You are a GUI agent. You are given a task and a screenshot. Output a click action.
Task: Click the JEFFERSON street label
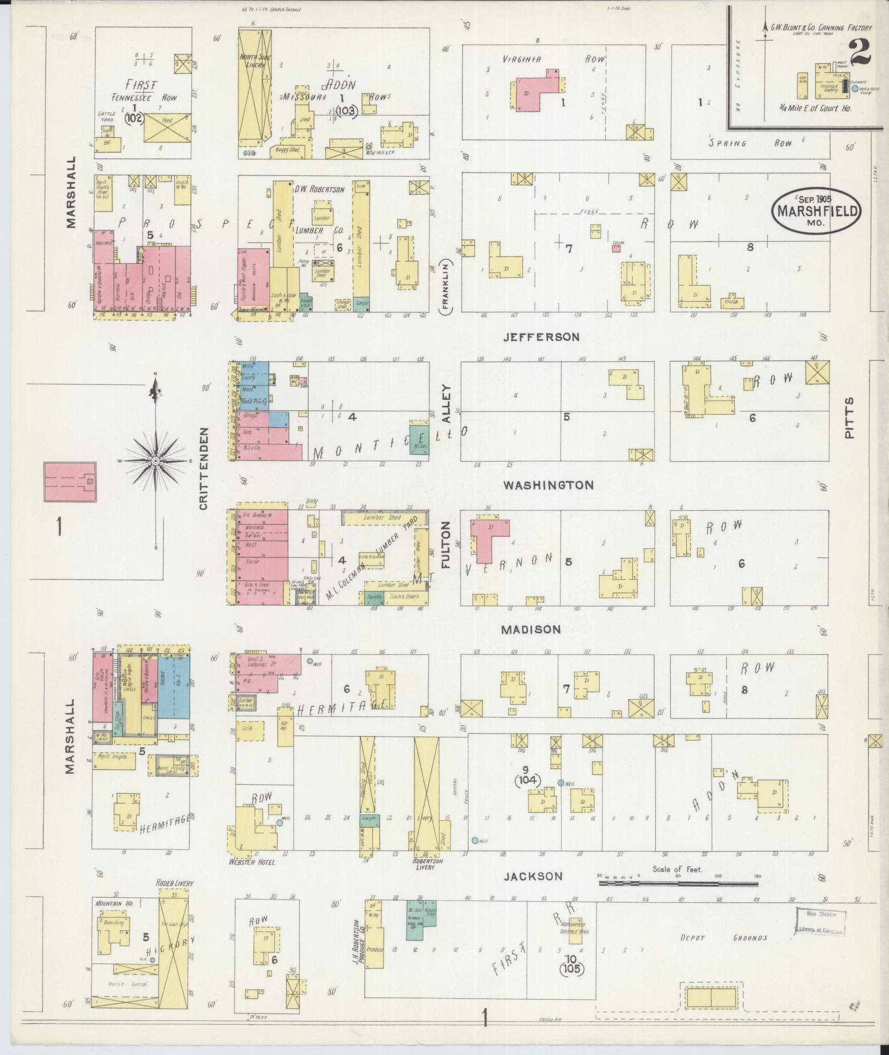pos(541,336)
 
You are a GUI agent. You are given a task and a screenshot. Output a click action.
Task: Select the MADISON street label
pos(531,629)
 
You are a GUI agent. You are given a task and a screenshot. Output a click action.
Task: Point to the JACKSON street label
pos(534,876)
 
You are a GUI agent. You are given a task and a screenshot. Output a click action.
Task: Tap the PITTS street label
pos(849,417)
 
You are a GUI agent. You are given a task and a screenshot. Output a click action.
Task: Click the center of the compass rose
pos(156,460)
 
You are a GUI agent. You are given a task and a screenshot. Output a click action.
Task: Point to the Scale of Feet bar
pos(678,883)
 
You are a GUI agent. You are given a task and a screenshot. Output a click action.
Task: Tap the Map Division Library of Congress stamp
pos(820,922)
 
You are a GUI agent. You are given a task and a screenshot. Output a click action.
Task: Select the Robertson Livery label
pos(427,864)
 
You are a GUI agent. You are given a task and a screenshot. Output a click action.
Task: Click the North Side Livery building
pos(254,88)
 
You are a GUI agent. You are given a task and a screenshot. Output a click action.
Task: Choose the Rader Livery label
pos(175,883)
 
